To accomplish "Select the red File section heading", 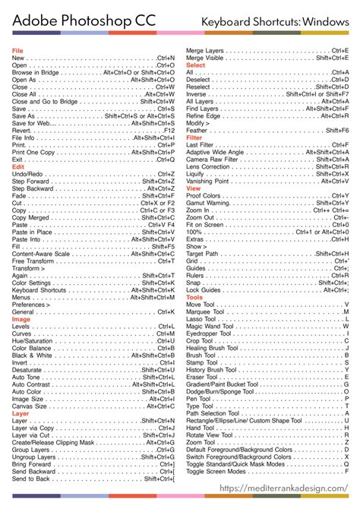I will pyautogui.click(x=17, y=50).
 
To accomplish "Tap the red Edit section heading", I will pyautogui.click(x=18, y=166).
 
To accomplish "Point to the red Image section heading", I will pyautogui.click(x=21, y=319).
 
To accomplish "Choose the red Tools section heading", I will pyautogui.click(x=194, y=276).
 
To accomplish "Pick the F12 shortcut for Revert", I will pyautogui.click(x=169, y=130).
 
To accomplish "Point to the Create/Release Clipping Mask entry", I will pyautogui.click(x=53, y=443).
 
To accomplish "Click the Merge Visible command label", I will pyautogui.click(x=205, y=58).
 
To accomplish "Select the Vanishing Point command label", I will pyautogui.click(x=207, y=181).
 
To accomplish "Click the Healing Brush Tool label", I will pyautogui.click(x=213, y=327).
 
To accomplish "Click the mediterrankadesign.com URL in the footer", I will pyautogui.click(x=284, y=488).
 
